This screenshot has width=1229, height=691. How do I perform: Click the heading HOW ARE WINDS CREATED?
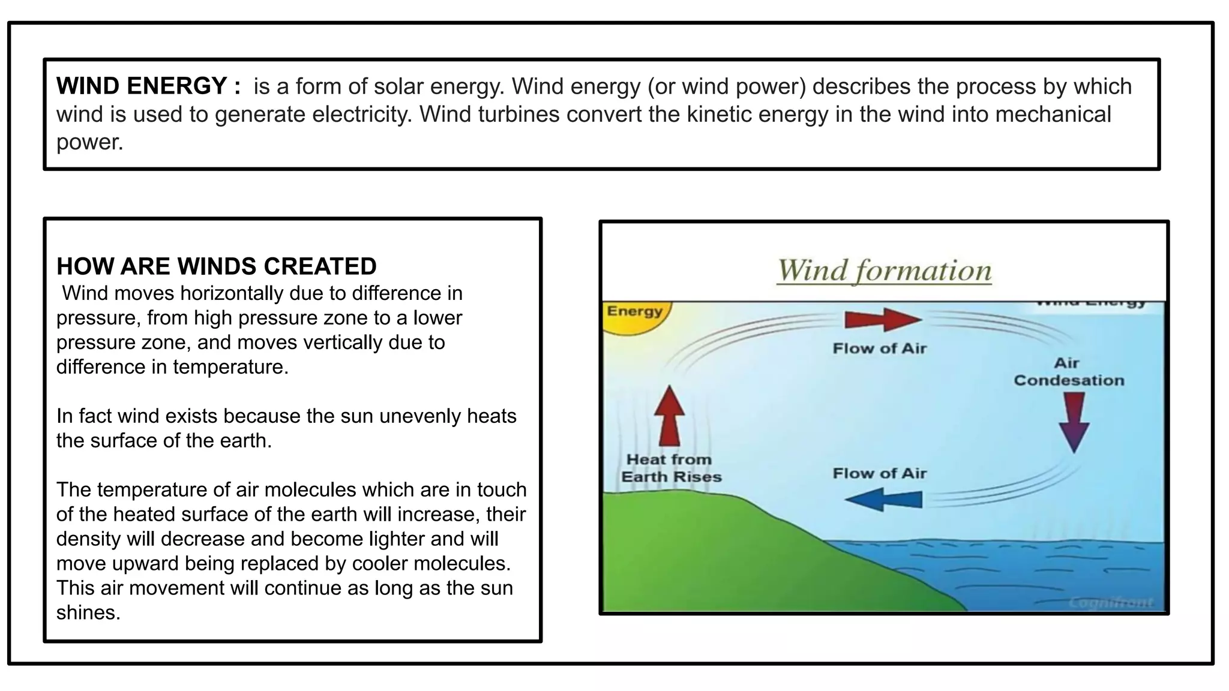217,266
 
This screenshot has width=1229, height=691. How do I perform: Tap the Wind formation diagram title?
884,271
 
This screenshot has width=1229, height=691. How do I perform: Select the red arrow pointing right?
882,320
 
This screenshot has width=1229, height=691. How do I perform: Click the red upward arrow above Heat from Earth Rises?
669,415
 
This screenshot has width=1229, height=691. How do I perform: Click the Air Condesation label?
1068,372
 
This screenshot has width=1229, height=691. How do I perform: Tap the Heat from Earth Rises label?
670,468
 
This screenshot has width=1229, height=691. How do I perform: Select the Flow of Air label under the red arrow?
879,348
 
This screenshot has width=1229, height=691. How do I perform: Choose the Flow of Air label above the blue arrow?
879,474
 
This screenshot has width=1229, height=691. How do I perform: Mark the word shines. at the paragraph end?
88,613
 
